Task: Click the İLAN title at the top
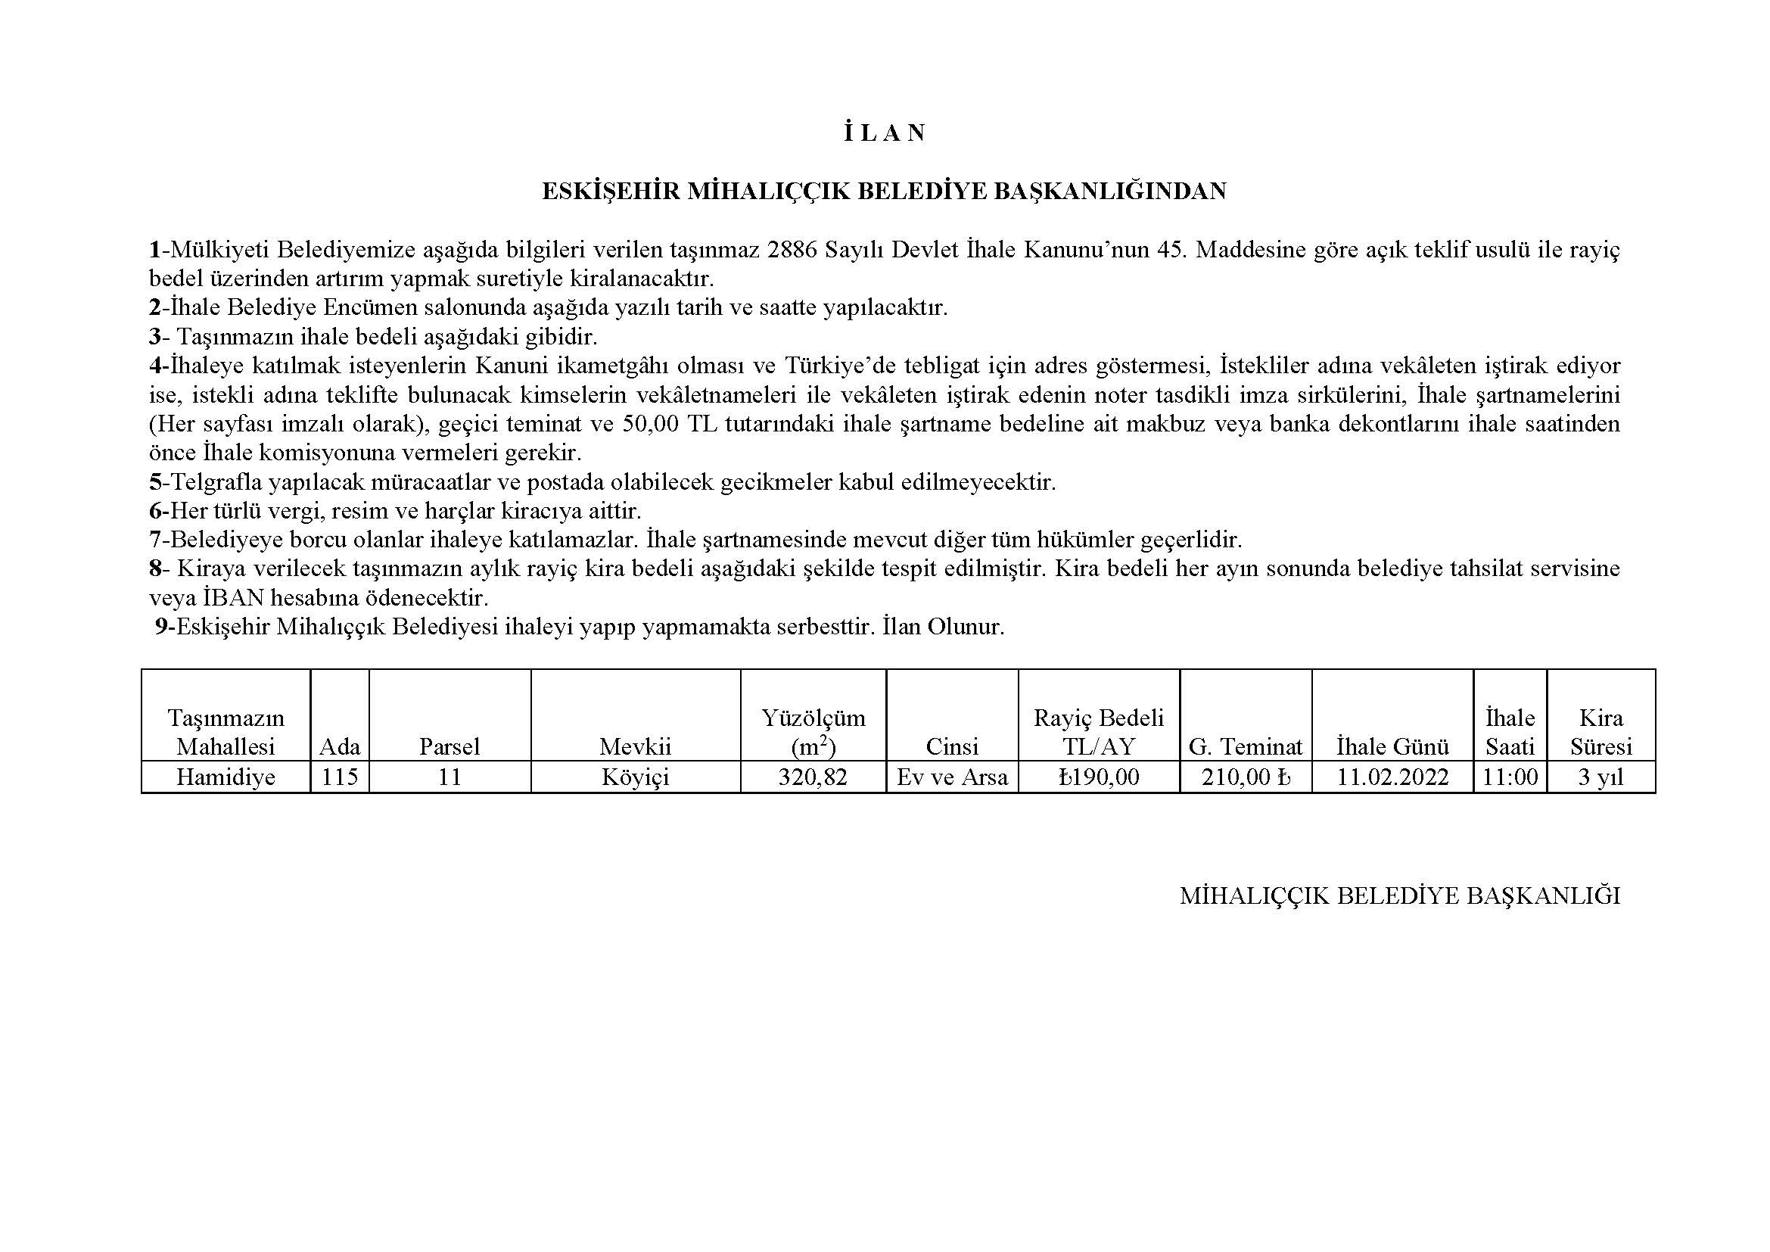[x=883, y=133]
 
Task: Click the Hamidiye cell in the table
[x=225, y=777]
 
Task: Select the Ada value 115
[x=340, y=777]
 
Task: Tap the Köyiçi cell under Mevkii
[x=635, y=777]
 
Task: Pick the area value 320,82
[x=813, y=777]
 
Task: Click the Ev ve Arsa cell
[x=952, y=777]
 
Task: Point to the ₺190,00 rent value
[x=1099, y=777]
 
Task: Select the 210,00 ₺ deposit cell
[x=1246, y=777]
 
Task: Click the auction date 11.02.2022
[x=1392, y=777]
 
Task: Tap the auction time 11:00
[x=1510, y=777]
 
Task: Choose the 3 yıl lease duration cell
[x=1600, y=777]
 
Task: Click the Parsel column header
[x=449, y=746]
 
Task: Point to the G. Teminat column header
[x=1246, y=746]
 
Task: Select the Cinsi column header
[x=952, y=746]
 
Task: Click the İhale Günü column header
[x=1392, y=746]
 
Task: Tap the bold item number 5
[x=155, y=483]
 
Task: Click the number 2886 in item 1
[x=793, y=250]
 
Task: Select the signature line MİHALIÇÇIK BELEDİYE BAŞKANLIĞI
[x=1399, y=895]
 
